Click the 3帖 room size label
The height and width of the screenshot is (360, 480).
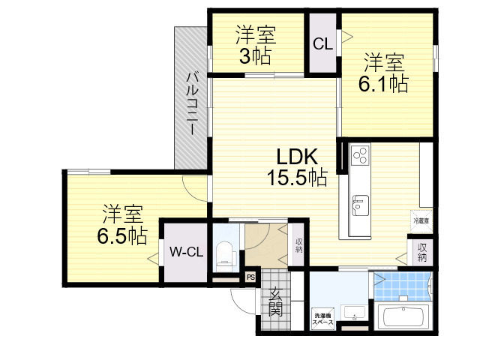[x=256, y=55]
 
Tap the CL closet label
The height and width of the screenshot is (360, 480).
[x=322, y=44]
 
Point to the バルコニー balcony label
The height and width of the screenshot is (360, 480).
[x=192, y=103]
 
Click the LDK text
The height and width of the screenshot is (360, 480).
[x=298, y=157]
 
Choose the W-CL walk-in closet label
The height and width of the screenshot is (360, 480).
[x=184, y=252]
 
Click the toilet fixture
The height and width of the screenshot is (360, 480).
[x=225, y=255]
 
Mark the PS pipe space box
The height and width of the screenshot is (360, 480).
[x=250, y=277]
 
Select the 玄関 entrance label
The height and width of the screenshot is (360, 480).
[x=275, y=301]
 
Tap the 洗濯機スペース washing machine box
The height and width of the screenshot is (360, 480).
[x=323, y=318]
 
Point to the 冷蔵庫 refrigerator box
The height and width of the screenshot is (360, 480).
[x=421, y=221]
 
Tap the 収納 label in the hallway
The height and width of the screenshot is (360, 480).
[x=298, y=245]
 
